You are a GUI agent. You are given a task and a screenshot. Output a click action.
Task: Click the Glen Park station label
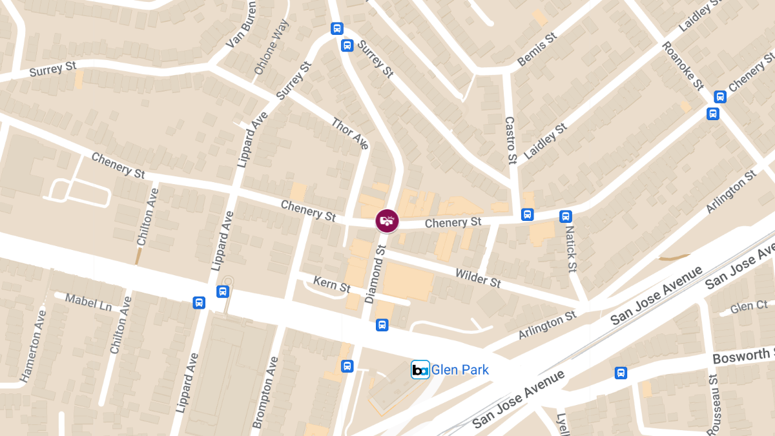click(x=460, y=370)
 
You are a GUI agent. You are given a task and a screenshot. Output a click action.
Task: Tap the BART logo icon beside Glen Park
click(x=420, y=370)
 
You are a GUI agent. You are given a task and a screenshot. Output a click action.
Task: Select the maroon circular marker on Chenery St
click(x=387, y=221)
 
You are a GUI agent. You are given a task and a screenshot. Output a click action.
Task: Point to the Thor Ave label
click(x=350, y=133)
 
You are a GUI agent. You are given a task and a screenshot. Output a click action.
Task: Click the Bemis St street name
click(x=537, y=50)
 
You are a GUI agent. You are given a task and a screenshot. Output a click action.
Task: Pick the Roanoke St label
click(x=682, y=66)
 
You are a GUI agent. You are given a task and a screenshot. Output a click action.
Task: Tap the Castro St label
click(x=510, y=140)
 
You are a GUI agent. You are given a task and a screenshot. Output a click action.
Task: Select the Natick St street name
click(x=570, y=248)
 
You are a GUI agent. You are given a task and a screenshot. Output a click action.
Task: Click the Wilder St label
click(x=478, y=278)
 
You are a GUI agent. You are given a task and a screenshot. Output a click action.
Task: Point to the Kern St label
click(x=331, y=284)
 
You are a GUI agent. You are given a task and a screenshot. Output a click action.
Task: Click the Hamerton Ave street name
click(x=34, y=346)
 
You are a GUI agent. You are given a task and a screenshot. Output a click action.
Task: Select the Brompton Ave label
click(x=267, y=392)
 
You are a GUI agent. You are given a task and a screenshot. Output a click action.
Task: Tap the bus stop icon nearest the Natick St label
click(x=566, y=216)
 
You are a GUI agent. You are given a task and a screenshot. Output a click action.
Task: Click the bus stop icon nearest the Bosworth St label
click(x=621, y=373)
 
